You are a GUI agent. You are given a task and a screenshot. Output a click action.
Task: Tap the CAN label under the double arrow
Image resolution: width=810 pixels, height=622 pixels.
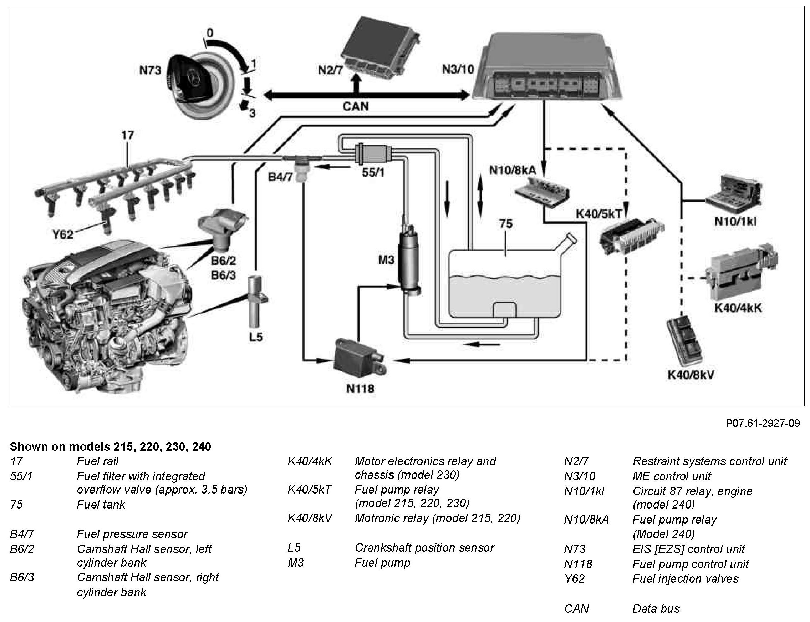[x=356, y=106]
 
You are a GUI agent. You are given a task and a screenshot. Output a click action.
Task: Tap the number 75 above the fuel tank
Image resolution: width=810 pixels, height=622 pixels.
[x=505, y=224]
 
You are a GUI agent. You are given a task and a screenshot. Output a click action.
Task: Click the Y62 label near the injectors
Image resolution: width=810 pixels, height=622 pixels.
[x=62, y=234]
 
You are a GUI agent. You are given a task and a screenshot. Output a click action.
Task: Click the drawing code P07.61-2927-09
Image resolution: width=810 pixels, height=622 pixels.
[x=762, y=423]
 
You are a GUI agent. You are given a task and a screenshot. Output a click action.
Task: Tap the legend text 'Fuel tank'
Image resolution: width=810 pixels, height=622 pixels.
[x=101, y=504]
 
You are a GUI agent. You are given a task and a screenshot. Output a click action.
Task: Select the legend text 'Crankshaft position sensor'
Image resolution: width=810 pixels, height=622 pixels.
[x=424, y=547]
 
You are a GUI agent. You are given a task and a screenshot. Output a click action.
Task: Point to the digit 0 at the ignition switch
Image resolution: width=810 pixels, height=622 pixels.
[x=210, y=33]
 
